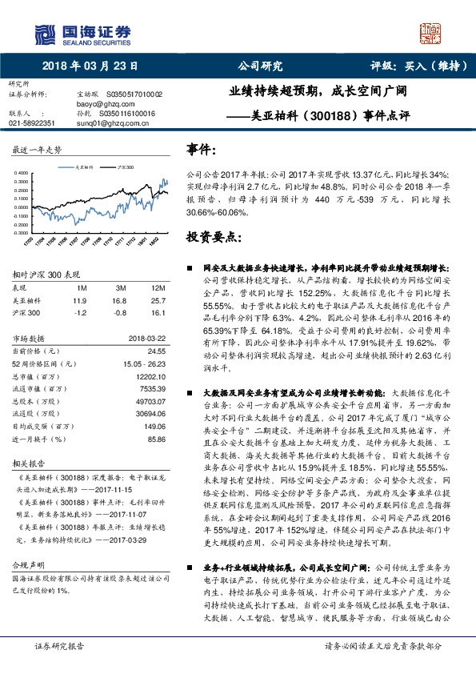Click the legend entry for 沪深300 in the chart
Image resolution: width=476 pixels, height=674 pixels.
click(x=124, y=168)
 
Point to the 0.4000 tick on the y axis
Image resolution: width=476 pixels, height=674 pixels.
click(x=26, y=173)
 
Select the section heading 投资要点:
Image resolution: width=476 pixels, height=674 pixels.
click(x=213, y=237)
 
